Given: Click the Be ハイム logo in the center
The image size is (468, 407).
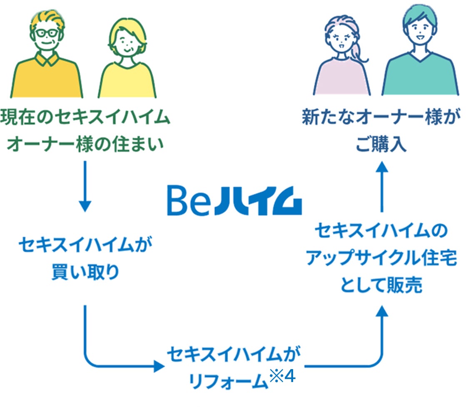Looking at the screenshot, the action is pyautogui.click(x=234, y=201).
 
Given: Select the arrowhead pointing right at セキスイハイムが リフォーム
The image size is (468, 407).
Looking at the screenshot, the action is pyautogui.click(x=159, y=366).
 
